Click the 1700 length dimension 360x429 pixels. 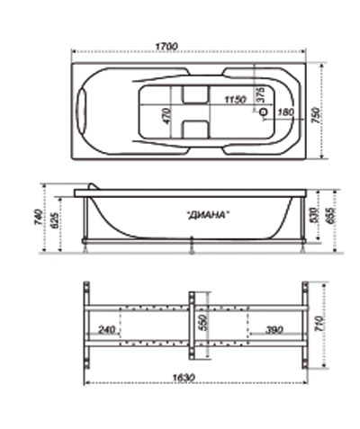(x=166, y=47)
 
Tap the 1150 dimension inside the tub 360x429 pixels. (x=236, y=99)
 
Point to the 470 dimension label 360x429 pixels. (x=166, y=116)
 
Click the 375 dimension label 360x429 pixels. (x=261, y=94)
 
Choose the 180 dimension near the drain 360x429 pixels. (x=286, y=112)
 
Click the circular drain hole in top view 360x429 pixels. (x=264, y=112)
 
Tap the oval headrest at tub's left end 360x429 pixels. (x=81, y=112)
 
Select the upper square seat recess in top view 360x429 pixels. (x=195, y=94)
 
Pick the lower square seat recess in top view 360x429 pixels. (x=195, y=130)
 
